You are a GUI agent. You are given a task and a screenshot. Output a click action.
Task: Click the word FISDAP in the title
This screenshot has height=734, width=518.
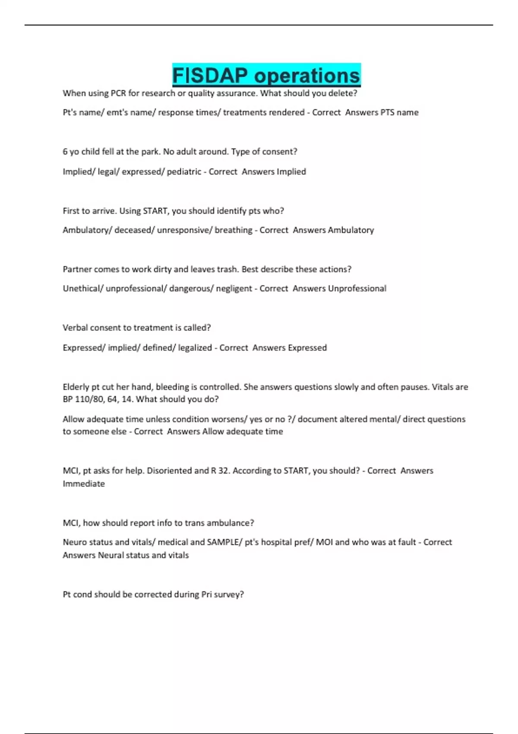[210, 76]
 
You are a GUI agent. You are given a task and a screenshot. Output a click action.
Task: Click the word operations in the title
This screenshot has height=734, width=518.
[307, 76]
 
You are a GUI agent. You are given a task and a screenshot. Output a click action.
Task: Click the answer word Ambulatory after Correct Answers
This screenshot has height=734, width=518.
[351, 230]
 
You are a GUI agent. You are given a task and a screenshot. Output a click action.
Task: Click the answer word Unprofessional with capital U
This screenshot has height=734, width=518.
[357, 288]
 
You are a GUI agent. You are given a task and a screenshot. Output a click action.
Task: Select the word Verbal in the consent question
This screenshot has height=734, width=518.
[76, 328]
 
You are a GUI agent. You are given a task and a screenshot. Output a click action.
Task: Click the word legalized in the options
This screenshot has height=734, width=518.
[195, 348]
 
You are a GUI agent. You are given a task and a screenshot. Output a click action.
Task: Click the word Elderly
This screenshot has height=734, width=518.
[76, 387]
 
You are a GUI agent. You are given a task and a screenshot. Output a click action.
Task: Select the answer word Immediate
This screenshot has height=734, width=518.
[84, 484]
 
